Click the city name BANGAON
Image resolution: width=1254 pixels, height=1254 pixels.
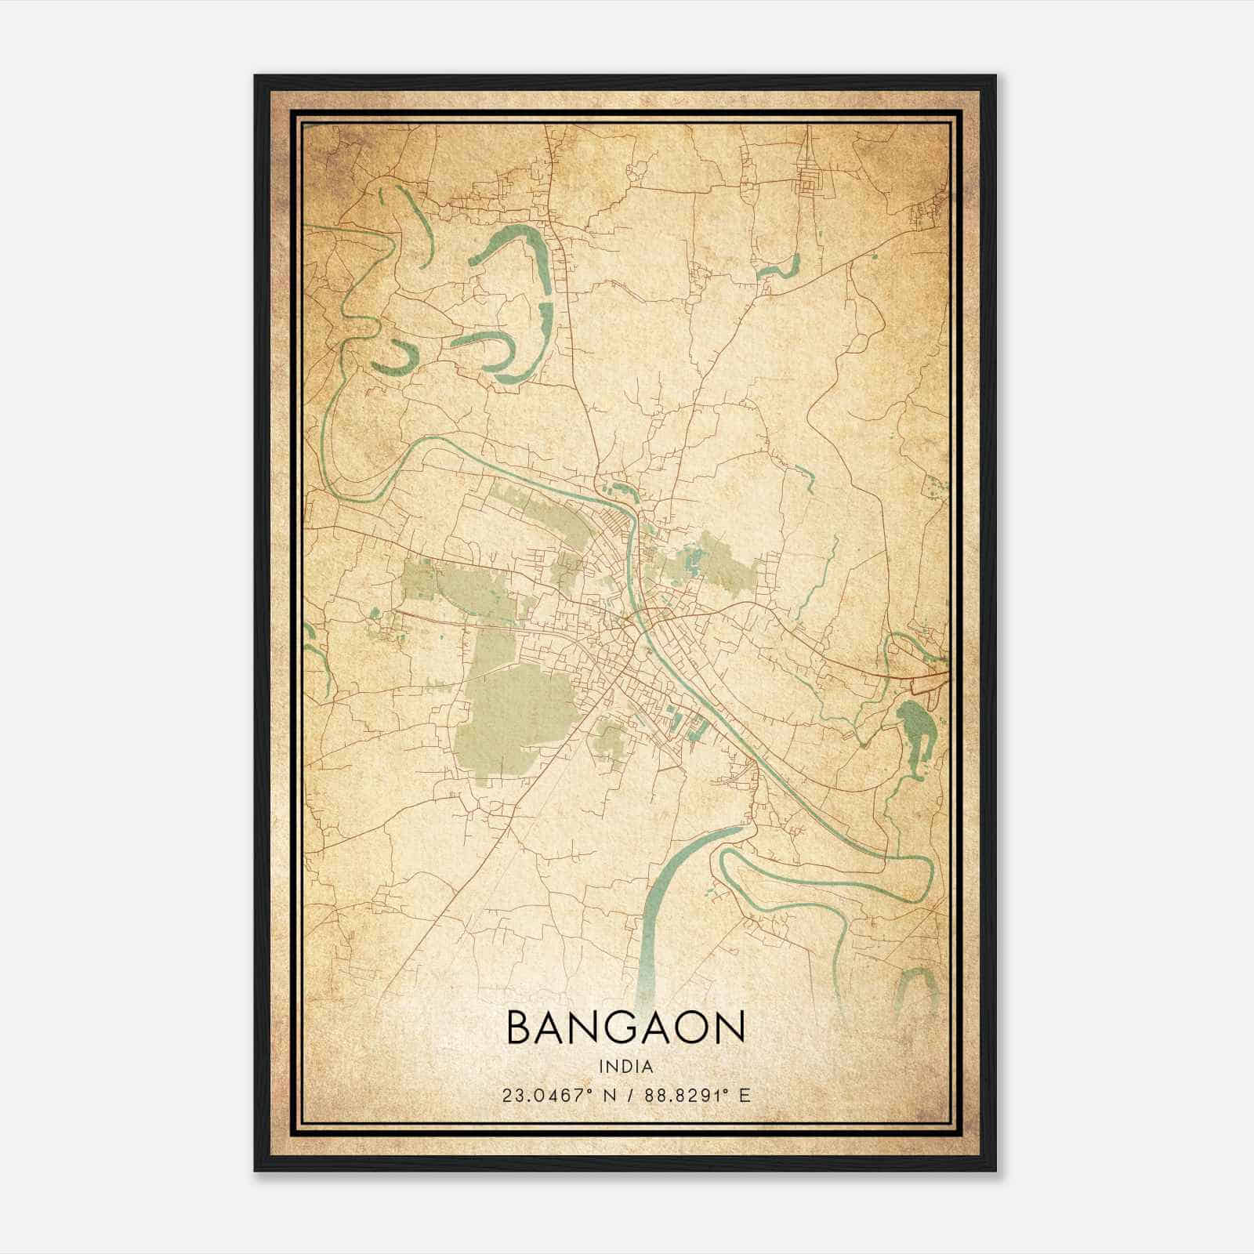coord(625,1027)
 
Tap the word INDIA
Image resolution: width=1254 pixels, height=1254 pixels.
coord(625,1067)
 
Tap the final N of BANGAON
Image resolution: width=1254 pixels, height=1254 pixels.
coord(728,1027)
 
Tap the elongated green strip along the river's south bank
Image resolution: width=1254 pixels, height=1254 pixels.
coord(541,509)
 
